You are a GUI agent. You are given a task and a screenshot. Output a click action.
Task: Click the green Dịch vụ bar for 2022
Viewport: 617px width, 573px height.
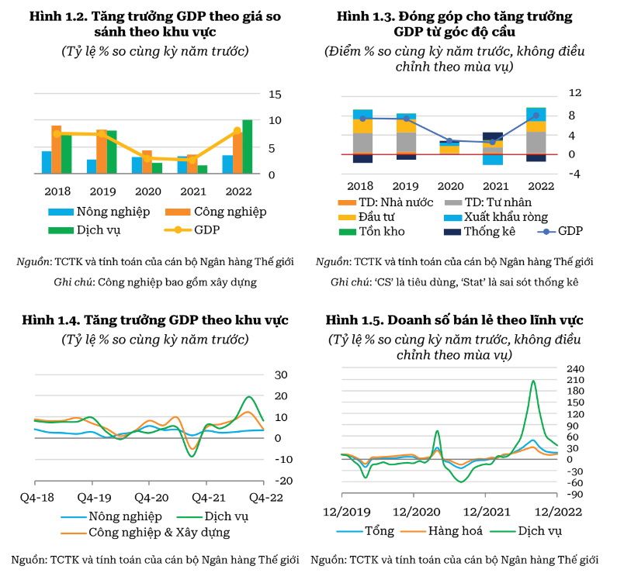pyautogui.click(x=248, y=147)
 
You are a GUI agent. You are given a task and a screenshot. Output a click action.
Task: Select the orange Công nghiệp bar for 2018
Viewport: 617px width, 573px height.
pyautogui.click(x=57, y=150)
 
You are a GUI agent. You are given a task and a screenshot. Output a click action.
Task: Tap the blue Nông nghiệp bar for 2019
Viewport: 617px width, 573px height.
pyautogui.click(x=92, y=167)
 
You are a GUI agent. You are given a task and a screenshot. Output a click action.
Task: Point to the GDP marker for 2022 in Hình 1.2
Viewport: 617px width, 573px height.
pyautogui.click(x=237, y=131)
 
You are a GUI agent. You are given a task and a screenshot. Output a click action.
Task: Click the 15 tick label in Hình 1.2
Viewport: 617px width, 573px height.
pyautogui.click(x=275, y=95)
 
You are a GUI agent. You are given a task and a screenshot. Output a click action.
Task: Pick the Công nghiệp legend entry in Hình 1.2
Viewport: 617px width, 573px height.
pyautogui.click(x=216, y=212)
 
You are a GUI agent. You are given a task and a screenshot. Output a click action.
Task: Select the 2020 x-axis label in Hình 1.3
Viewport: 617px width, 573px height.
pyautogui.click(x=451, y=186)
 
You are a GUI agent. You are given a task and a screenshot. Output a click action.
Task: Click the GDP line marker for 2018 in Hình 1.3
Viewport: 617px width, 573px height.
pyautogui.click(x=362, y=119)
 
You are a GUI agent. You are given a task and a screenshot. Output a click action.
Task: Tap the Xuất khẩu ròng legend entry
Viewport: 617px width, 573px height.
pyautogui.click(x=496, y=217)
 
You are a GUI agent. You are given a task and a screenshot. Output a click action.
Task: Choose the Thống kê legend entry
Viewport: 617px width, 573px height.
pyautogui.click(x=480, y=232)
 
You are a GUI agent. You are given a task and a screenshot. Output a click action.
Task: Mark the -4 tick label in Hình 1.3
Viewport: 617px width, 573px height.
pyautogui.click(x=574, y=174)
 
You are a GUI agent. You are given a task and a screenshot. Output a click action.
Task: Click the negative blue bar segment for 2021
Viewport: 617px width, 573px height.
pyautogui.click(x=493, y=160)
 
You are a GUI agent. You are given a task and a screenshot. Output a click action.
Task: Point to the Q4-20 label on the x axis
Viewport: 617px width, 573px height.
pyautogui.click(x=151, y=498)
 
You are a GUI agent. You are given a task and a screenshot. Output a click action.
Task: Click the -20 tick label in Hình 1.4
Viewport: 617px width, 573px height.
pyautogui.click(x=283, y=481)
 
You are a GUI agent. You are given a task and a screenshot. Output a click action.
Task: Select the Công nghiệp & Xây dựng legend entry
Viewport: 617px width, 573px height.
pyautogui.click(x=145, y=533)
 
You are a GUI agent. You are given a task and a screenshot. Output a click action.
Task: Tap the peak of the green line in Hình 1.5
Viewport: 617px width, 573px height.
pyautogui.click(x=533, y=381)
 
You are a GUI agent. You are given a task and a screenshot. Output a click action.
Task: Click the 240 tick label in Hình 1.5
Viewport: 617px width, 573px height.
pyautogui.click(x=575, y=368)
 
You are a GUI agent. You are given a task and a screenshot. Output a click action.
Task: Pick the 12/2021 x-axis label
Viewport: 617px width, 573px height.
pyautogui.click(x=487, y=512)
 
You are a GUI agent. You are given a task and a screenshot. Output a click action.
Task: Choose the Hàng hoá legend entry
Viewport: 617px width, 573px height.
pyautogui.click(x=441, y=531)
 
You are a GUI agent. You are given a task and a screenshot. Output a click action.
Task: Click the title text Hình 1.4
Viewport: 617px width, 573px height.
pyautogui.click(x=51, y=320)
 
